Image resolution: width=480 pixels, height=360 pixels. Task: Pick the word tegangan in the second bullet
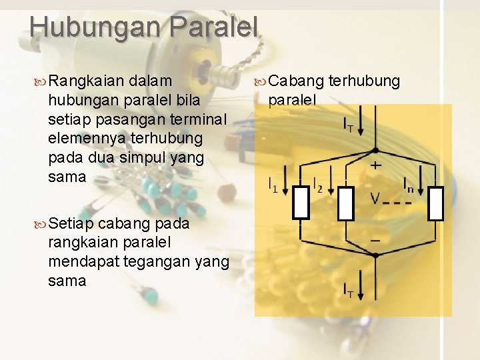[x=165, y=261]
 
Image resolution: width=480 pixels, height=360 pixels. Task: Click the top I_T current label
[x=348, y=124]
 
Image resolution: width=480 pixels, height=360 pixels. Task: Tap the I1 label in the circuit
[x=273, y=185]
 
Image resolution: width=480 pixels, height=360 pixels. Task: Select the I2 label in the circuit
[x=317, y=185]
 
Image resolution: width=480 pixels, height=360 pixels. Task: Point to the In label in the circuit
[x=408, y=185]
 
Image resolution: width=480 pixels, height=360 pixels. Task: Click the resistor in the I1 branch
[x=301, y=203]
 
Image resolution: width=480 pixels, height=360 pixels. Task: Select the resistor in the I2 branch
[x=345, y=203]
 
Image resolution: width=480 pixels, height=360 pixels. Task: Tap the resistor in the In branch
[x=435, y=203]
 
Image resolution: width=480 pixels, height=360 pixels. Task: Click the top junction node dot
[x=375, y=151]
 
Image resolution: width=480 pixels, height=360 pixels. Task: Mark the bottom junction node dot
[x=375, y=255]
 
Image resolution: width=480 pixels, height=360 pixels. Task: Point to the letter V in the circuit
[x=375, y=198]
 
